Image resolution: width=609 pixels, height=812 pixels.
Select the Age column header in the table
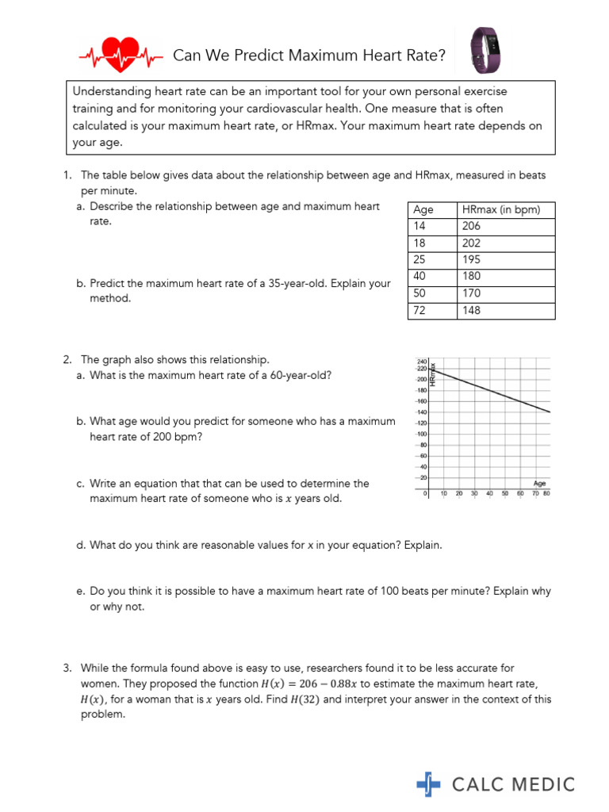click(x=423, y=210)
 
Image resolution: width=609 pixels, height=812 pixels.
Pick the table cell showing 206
click(x=471, y=226)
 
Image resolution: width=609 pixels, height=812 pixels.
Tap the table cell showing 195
click(x=471, y=260)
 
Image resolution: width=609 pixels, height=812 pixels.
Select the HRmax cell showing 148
click(x=471, y=310)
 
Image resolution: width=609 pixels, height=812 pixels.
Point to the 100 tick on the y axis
click(x=422, y=435)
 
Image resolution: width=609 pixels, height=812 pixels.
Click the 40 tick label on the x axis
click(x=489, y=493)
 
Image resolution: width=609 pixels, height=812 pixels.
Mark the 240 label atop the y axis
click(x=421, y=362)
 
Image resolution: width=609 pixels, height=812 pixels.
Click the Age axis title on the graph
click(x=539, y=482)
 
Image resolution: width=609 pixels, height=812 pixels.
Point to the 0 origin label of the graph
click(x=426, y=493)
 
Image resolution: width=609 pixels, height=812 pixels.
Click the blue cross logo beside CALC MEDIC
click(x=428, y=784)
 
